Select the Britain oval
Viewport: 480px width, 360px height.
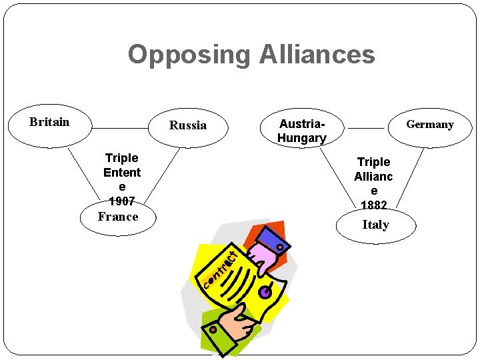tap(49, 125)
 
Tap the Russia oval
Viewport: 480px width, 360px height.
tap(188, 125)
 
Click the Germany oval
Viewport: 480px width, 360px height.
tap(429, 125)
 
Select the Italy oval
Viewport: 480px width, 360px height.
tap(375, 225)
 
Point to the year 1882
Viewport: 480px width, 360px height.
tap(373, 205)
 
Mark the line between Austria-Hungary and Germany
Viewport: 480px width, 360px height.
tap(366, 128)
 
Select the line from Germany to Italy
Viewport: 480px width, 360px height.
tap(409, 180)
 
